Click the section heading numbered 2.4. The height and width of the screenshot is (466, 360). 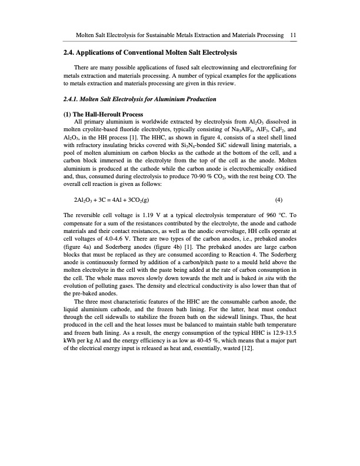149,54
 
